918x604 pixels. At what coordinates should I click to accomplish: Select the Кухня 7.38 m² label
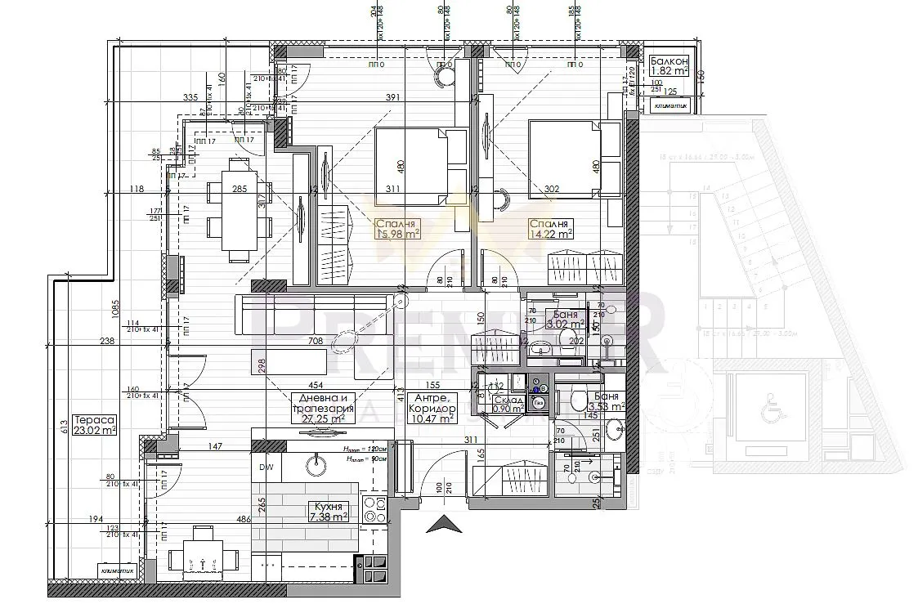click(x=327, y=511)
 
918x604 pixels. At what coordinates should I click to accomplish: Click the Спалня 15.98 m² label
click(x=397, y=229)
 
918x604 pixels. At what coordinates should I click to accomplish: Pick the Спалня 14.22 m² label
click(x=550, y=229)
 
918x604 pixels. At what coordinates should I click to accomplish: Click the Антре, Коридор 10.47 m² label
click(x=433, y=413)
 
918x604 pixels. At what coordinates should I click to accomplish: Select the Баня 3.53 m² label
click(x=607, y=400)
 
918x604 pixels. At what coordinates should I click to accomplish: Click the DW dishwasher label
click(x=266, y=468)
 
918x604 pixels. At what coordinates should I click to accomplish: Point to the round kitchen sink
click(x=315, y=465)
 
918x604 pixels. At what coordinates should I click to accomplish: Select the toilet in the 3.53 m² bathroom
click(x=578, y=400)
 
